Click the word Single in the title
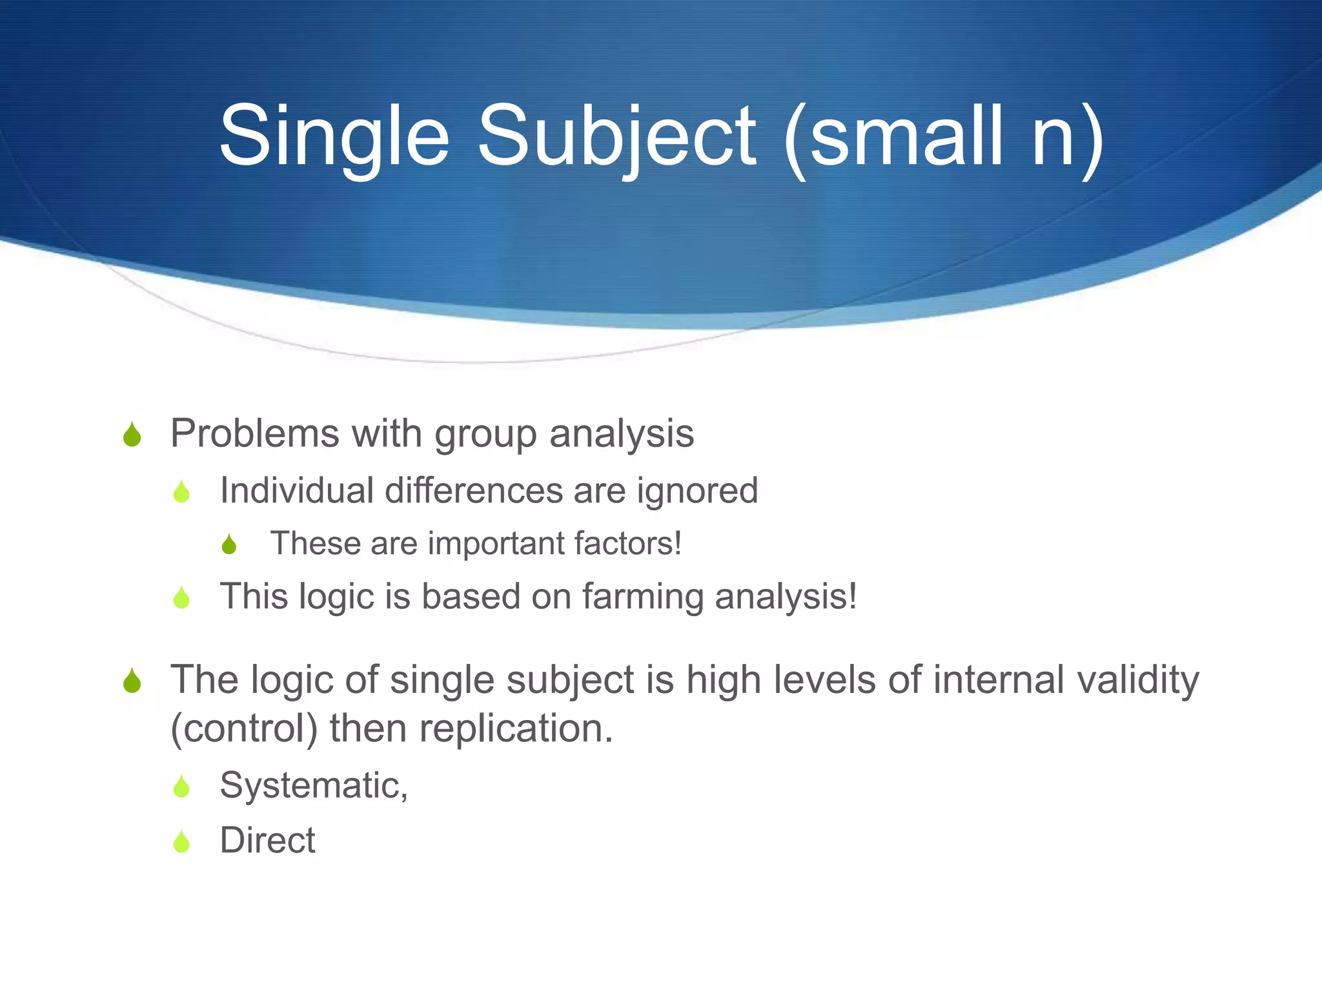click(x=334, y=137)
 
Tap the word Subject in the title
click(x=616, y=137)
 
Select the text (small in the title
click(x=894, y=137)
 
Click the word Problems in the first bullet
click(x=254, y=433)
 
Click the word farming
click(x=643, y=597)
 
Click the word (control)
click(x=244, y=729)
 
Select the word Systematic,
click(x=314, y=787)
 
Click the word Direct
click(x=267, y=840)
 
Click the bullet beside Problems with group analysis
click(x=132, y=435)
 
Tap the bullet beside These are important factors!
click(x=229, y=544)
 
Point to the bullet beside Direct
click(x=182, y=842)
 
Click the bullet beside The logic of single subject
click(x=132, y=681)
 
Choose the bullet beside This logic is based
click(x=182, y=597)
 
